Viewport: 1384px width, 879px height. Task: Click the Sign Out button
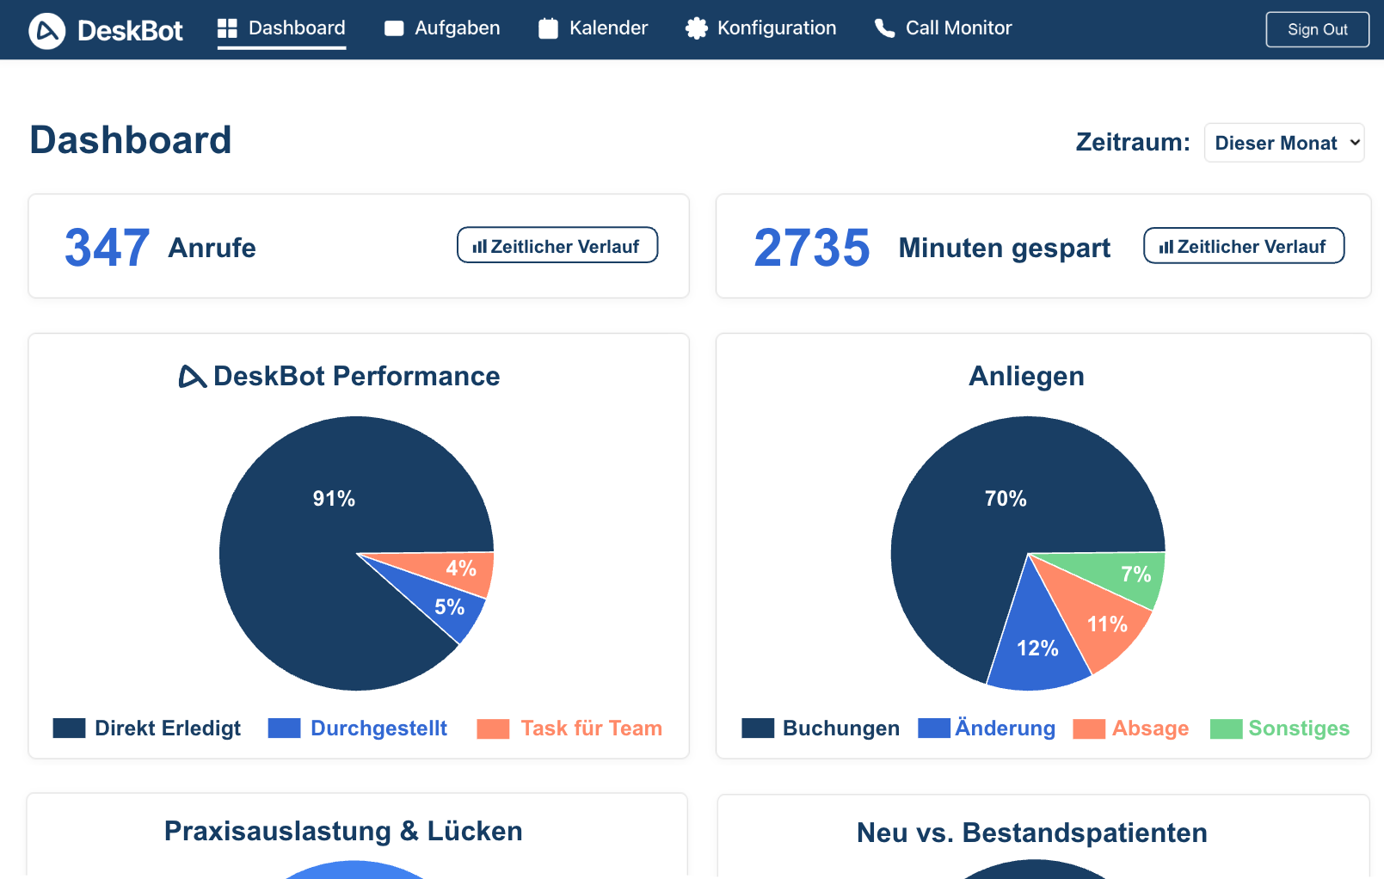coord(1317,29)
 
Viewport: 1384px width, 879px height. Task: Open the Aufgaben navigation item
coord(442,28)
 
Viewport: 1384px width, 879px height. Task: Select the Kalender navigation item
coord(594,28)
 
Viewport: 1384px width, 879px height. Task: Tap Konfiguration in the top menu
coord(760,28)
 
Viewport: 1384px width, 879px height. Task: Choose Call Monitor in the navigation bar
coord(944,28)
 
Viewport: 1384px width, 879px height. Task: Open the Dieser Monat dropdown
coord(1284,143)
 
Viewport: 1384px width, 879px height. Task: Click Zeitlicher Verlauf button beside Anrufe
coord(557,246)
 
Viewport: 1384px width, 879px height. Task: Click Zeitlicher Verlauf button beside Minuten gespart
coord(1244,246)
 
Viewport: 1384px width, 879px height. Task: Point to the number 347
coord(108,248)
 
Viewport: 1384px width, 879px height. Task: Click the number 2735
coord(812,248)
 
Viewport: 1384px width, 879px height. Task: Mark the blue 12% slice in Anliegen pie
coord(1036,650)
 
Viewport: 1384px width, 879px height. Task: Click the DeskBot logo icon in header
coord(47,31)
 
